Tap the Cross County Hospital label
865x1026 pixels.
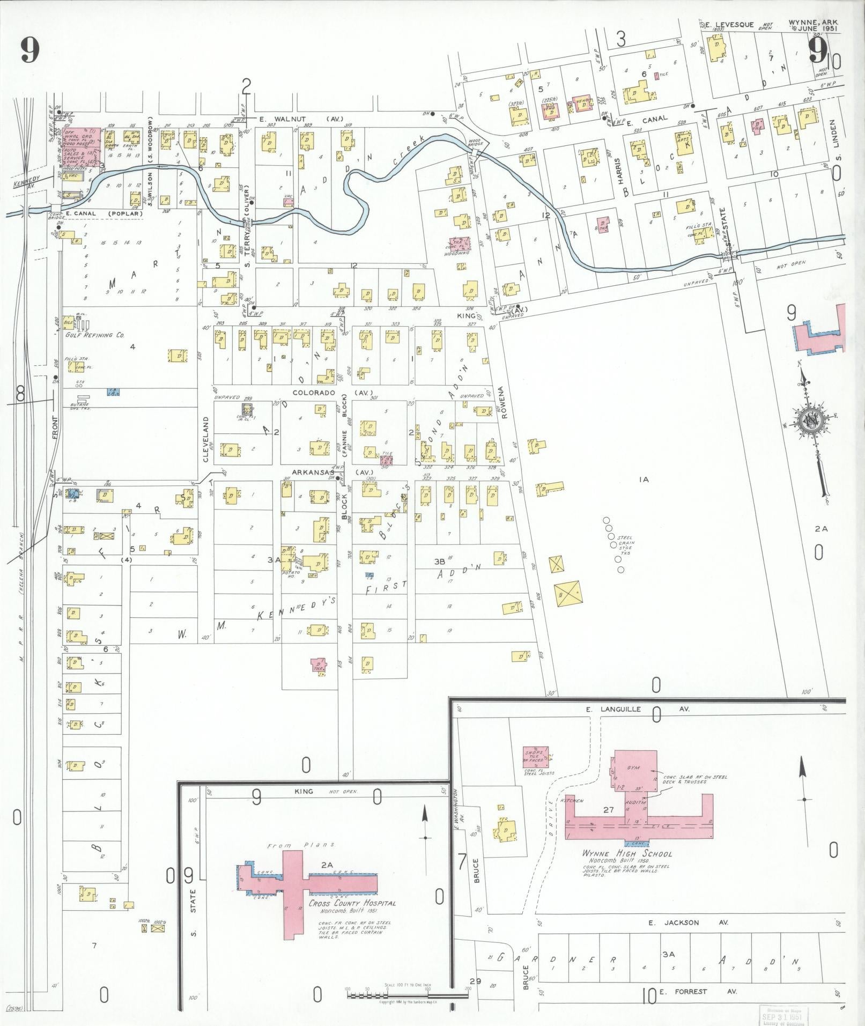(352, 903)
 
